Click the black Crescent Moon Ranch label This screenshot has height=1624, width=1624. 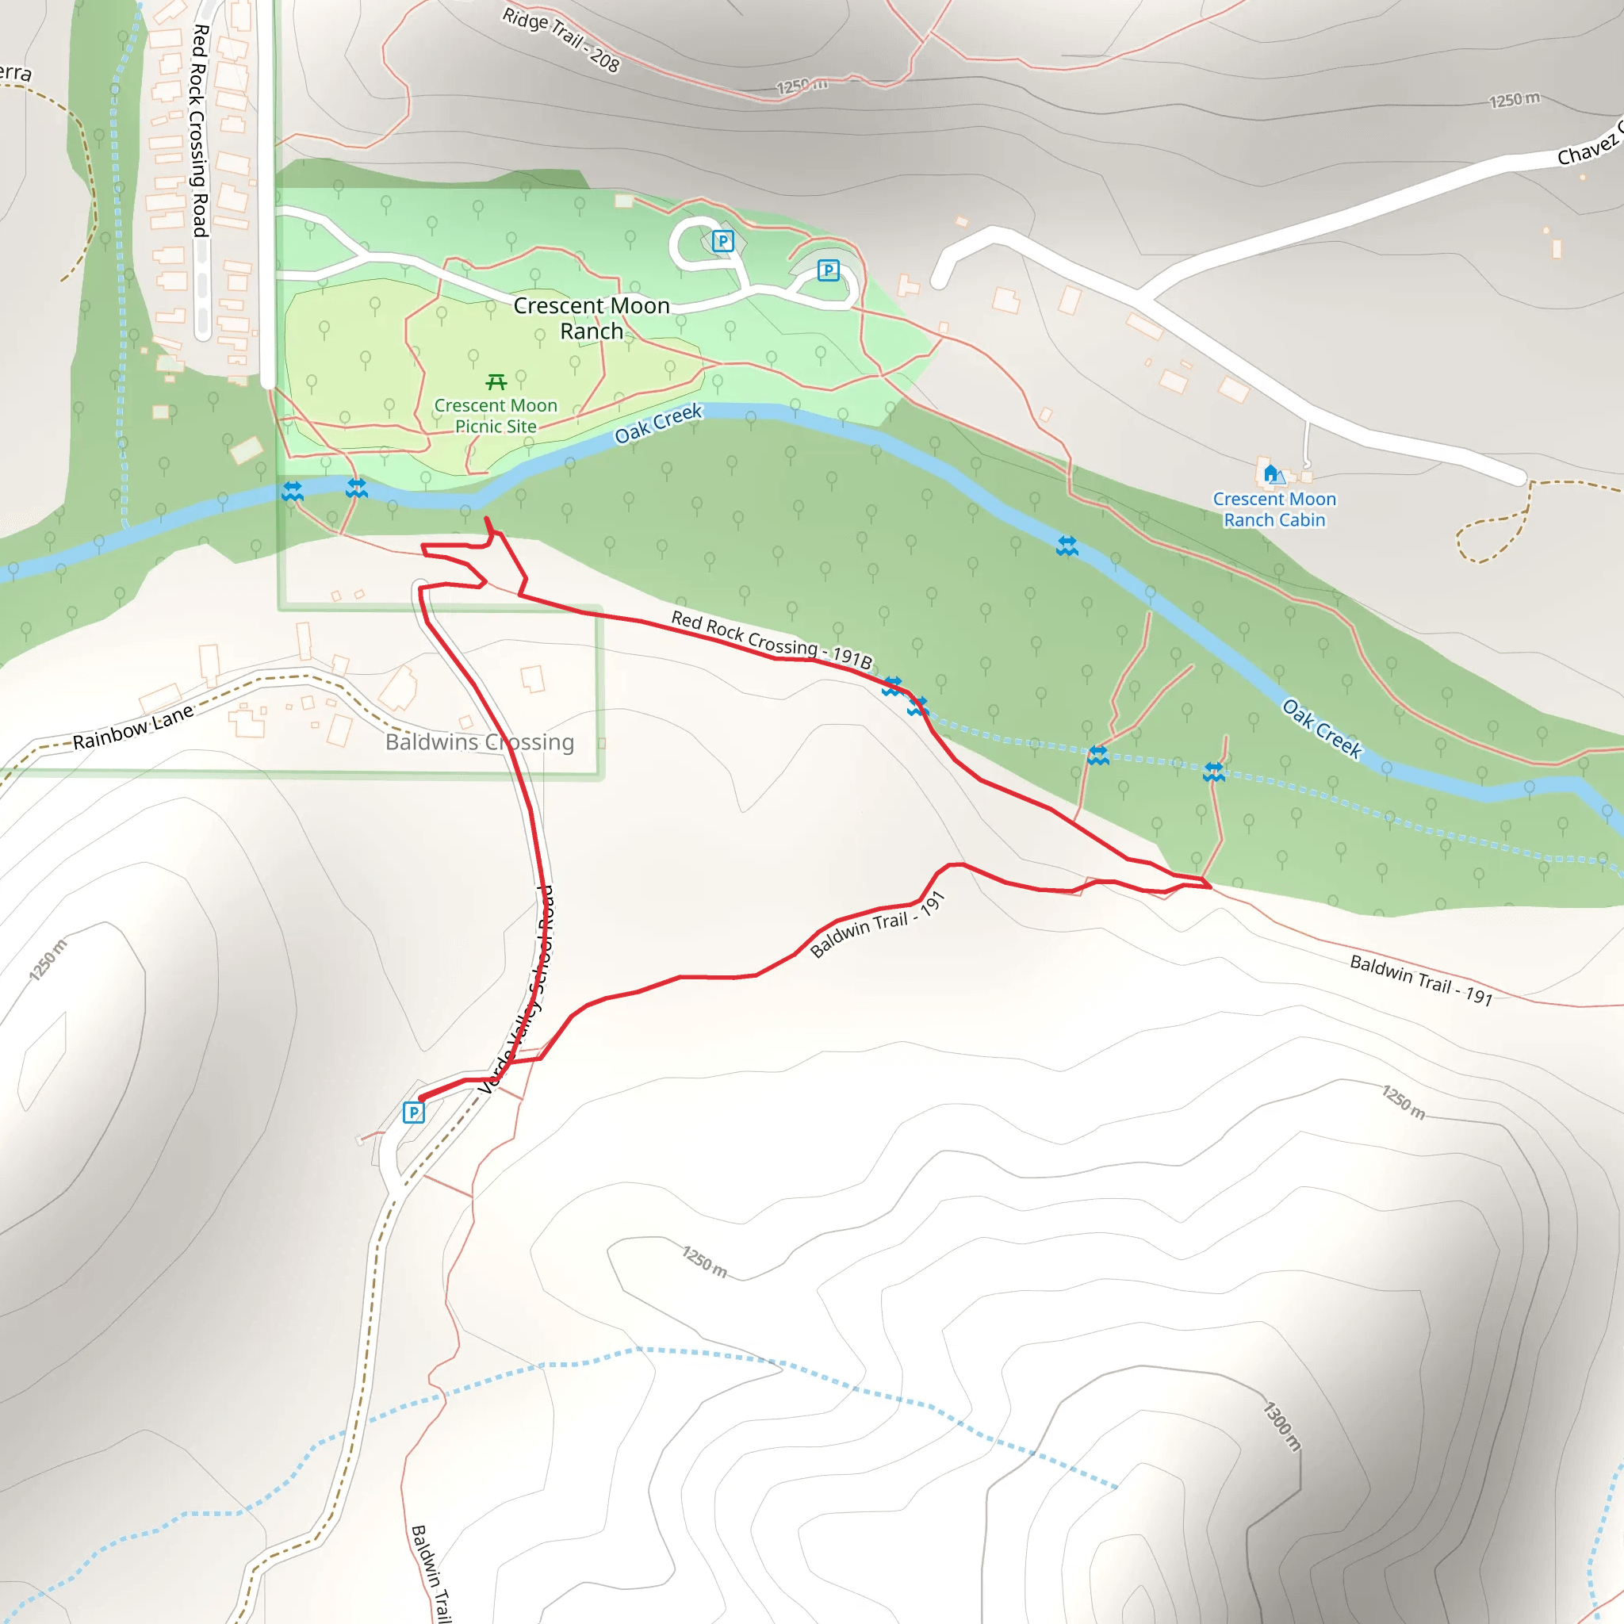pyautogui.click(x=592, y=318)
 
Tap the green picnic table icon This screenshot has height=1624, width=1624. pyautogui.click(x=496, y=382)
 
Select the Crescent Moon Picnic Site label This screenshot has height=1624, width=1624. pyautogui.click(x=496, y=416)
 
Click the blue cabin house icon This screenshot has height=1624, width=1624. pyautogui.click(x=1271, y=473)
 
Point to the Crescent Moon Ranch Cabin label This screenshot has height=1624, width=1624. pyautogui.click(x=1274, y=509)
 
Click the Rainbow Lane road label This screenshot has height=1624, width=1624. pyautogui.click(x=132, y=728)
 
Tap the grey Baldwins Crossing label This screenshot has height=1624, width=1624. pyautogui.click(x=480, y=742)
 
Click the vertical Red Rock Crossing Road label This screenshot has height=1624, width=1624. pyautogui.click(x=199, y=130)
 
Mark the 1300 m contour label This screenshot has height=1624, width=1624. pyautogui.click(x=1282, y=1427)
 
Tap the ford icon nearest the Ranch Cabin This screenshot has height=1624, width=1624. pyautogui.click(x=1067, y=546)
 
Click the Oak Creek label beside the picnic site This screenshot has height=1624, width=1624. pyautogui.click(x=658, y=423)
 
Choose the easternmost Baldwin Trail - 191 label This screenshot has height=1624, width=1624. pyautogui.click(x=1420, y=980)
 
